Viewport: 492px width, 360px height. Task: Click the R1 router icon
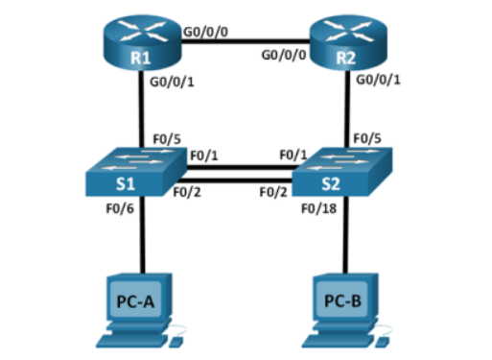[142, 42]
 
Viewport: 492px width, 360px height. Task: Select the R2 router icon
[348, 42]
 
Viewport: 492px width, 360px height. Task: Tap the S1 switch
[136, 172]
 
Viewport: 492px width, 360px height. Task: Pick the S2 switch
[342, 172]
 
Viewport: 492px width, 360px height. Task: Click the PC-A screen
[135, 300]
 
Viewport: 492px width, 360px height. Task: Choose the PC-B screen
[342, 300]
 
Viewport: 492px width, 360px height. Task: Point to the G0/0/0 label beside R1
[205, 32]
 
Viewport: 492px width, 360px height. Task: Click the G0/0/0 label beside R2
[284, 55]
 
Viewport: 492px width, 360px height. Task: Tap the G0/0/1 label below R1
[172, 83]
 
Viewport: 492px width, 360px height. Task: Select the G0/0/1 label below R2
[378, 80]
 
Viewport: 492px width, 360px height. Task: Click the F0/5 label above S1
[167, 139]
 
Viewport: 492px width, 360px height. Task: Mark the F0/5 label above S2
[367, 138]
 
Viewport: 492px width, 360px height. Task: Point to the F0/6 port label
[120, 209]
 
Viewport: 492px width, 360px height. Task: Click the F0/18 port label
[319, 209]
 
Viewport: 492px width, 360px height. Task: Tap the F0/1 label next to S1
[204, 156]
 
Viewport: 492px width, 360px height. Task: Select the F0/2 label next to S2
[273, 192]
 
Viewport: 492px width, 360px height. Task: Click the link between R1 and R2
[246, 41]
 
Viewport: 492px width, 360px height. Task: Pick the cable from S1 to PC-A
[143, 234]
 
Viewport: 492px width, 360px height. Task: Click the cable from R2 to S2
[348, 109]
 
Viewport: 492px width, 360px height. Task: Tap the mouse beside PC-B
[383, 342]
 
